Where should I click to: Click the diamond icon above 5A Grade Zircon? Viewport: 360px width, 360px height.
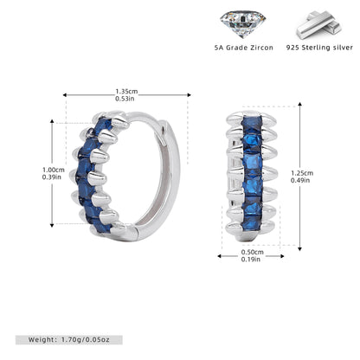tap(242, 24)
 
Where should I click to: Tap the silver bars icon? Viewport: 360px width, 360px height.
tap(319, 25)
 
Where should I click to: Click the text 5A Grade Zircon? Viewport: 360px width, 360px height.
tap(244, 48)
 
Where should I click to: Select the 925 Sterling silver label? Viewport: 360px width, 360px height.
tap(319, 48)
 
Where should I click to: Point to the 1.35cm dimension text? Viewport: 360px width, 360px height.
tap(126, 92)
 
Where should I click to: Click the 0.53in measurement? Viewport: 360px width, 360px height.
tap(125, 99)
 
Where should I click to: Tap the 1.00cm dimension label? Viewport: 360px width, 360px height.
tap(54, 170)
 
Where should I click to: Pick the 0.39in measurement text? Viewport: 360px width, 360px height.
tap(52, 177)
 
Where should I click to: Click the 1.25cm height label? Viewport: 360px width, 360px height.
tap(302, 173)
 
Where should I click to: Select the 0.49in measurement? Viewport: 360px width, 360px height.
tap(300, 180)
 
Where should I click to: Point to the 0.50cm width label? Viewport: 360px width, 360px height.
tap(253, 253)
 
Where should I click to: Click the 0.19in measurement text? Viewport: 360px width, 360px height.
tap(251, 260)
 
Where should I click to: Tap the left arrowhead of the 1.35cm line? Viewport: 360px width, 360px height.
tap(65, 94)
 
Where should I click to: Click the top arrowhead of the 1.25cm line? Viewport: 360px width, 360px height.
tap(300, 104)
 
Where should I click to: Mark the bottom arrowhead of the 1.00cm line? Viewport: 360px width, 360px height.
tap(52, 225)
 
